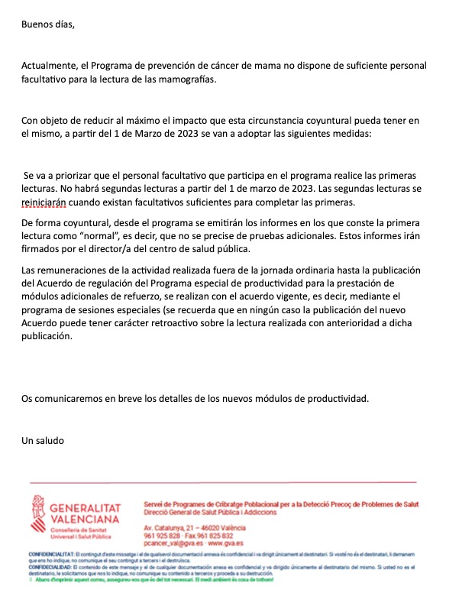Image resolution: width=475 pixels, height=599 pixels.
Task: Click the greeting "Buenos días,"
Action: click(x=49, y=23)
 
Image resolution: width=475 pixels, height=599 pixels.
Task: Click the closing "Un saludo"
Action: click(x=44, y=440)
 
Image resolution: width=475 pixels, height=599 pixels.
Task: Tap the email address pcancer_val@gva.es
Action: click(x=172, y=543)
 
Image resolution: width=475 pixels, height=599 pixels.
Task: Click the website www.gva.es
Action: click(x=227, y=543)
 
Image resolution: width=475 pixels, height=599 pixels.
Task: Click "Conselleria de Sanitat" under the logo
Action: click(x=75, y=529)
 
